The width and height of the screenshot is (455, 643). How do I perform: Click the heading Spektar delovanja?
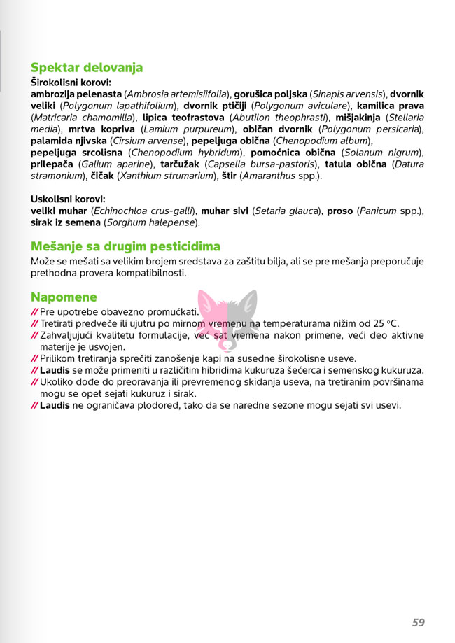click(x=86, y=68)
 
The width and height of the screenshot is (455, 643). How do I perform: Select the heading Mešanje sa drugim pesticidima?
click(x=125, y=246)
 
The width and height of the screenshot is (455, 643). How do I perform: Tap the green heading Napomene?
click(x=64, y=297)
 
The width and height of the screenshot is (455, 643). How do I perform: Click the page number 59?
click(x=418, y=622)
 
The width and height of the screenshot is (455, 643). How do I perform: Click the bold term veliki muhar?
click(x=59, y=211)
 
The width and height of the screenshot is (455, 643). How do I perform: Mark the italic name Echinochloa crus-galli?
click(x=143, y=211)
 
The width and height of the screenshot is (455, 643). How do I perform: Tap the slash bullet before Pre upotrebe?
click(x=34, y=311)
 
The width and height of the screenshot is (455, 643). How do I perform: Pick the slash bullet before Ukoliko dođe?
click(x=34, y=382)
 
